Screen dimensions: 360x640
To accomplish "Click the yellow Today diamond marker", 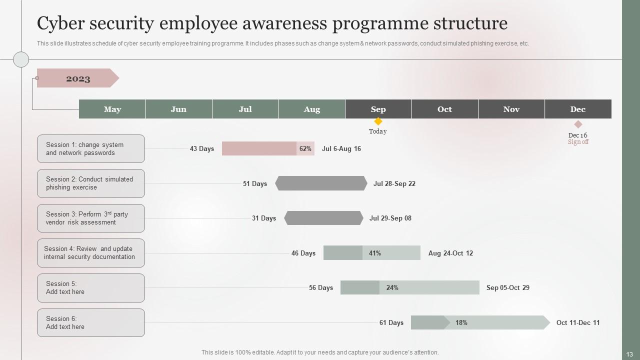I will pyautogui.click(x=378, y=121).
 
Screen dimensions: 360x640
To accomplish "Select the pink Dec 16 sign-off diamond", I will pyautogui.click(x=578, y=124).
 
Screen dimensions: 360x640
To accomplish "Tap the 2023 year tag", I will pyautogui.click(x=77, y=78).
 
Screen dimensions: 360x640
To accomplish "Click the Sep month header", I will pyautogui.click(x=378, y=109).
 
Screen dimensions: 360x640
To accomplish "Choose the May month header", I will pyautogui.click(x=112, y=109).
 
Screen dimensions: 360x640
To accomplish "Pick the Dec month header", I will pyautogui.click(x=577, y=109).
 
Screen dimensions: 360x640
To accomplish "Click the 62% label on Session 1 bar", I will pyautogui.click(x=305, y=148).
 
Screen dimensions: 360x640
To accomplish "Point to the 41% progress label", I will pyautogui.click(x=374, y=253).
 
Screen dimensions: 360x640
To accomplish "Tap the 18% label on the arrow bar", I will pyautogui.click(x=461, y=322).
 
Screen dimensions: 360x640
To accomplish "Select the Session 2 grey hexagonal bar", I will pyautogui.click(x=321, y=183).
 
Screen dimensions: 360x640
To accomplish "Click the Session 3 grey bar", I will pyautogui.click(x=323, y=218).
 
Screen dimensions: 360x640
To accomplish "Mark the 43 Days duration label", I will pyautogui.click(x=202, y=148).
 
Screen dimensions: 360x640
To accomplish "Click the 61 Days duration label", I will pyautogui.click(x=391, y=322).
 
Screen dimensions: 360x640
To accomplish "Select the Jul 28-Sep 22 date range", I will pyautogui.click(x=394, y=183).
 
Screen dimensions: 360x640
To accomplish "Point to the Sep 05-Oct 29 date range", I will pyautogui.click(x=507, y=287).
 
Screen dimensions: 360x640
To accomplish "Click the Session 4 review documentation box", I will pyautogui.click(x=91, y=253).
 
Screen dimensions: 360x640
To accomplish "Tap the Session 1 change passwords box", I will pyautogui.click(x=91, y=148).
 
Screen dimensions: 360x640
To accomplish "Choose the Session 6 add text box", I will pyautogui.click(x=91, y=322).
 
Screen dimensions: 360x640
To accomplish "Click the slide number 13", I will pyautogui.click(x=629, y=354).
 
